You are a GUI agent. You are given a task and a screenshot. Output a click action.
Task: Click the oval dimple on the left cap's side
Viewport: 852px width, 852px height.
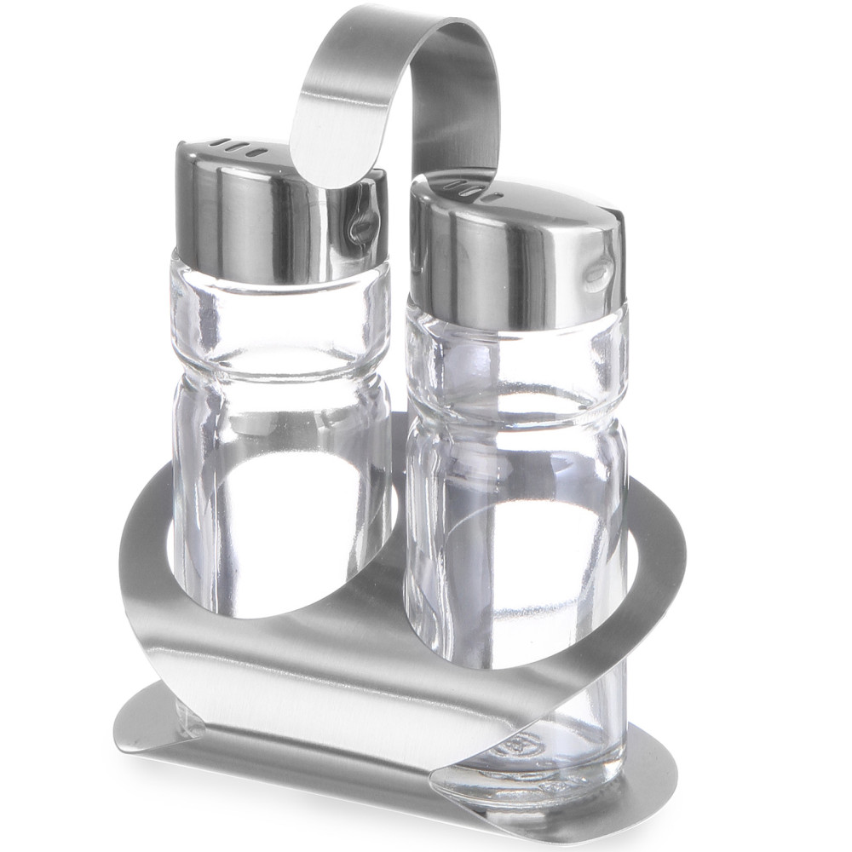365,227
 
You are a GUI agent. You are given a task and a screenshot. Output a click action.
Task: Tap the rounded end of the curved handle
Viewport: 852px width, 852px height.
328,158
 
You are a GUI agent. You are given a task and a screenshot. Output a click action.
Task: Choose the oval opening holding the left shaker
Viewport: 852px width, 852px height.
281,528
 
